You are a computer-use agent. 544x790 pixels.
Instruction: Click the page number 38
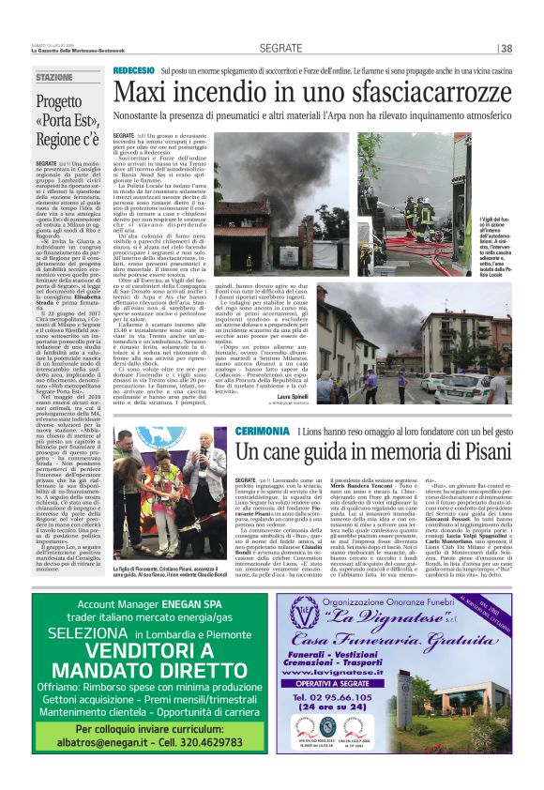point(506,49)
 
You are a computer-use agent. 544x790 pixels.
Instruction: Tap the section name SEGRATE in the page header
point(280,48)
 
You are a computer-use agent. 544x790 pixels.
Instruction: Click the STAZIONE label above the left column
point(53,77)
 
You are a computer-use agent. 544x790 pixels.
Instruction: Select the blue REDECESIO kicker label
point(133,71)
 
